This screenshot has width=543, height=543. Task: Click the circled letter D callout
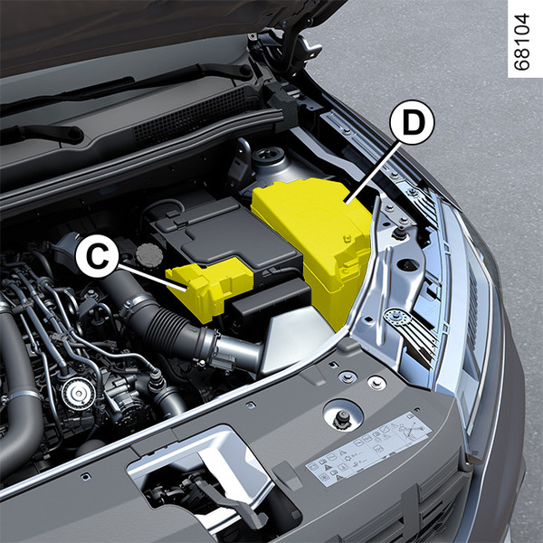(x=412, y=122)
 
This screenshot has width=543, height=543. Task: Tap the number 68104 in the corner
(x=522, y=43)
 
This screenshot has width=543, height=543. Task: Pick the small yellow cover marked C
(x=208, y=288)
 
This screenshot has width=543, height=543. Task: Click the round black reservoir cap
(x=149, y=255)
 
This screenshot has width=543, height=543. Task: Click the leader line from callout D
(x=372, y=173)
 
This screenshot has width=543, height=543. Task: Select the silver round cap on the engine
(x=78, y=394)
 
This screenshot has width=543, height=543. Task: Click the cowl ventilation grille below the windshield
(x=194, y=114)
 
